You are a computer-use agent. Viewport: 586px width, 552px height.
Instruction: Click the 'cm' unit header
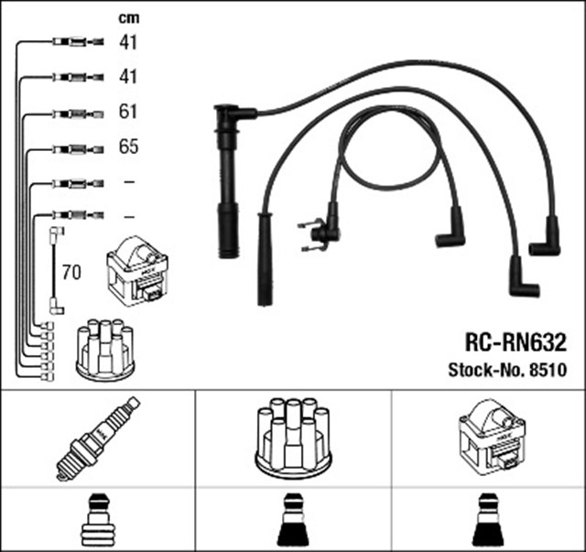[x=128, y=17]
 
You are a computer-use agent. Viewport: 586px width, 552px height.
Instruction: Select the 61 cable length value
[x=128, y=112]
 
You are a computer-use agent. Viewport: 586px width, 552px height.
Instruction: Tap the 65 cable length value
[x=128, y=146]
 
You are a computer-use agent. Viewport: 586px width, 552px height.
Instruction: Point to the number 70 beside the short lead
[x=71, y=272]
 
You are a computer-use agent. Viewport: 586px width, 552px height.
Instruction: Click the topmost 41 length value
[x=128, y=42]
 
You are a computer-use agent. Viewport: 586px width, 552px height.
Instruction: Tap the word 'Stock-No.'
[x=485, y=371]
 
